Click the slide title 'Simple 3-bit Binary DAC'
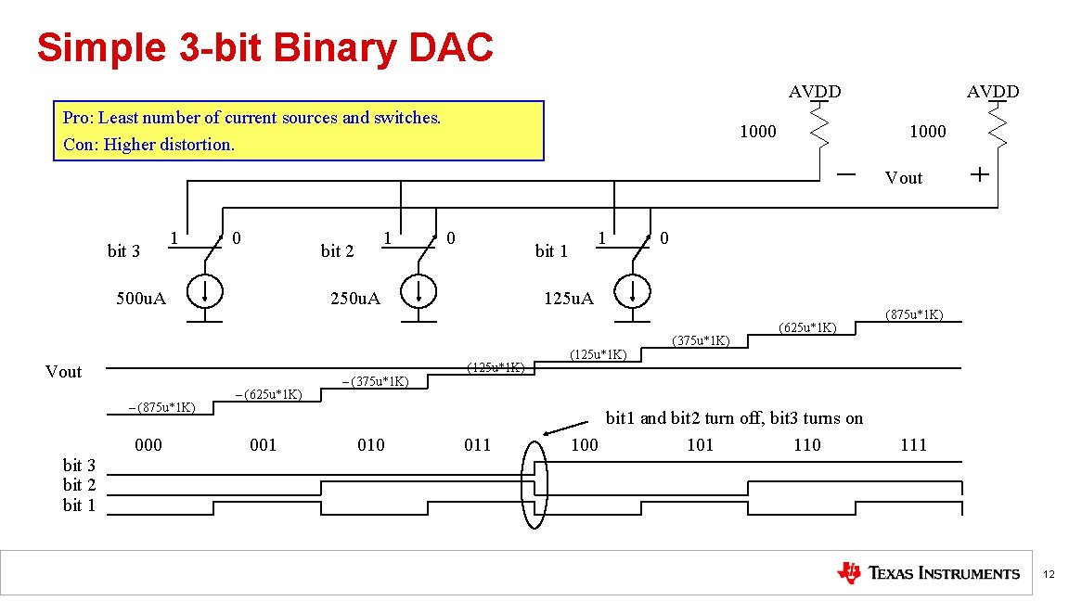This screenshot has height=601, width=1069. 264,48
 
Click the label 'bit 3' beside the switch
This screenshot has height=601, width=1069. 123,251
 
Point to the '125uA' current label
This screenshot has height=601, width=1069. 568,299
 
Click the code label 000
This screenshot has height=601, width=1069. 148,445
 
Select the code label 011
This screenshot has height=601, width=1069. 477,445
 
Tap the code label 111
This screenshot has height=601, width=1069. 914,445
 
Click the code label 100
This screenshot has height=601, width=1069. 585,445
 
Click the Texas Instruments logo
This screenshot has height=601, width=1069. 928,573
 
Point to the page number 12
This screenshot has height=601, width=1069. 1049,575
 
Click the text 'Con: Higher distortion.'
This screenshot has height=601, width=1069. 148,145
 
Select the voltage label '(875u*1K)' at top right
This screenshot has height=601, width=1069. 914,314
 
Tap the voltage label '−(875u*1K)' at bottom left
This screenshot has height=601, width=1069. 161,407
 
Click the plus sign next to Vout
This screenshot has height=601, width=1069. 979,174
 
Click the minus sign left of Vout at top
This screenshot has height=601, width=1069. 846,174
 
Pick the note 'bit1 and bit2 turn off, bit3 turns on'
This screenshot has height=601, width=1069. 734,418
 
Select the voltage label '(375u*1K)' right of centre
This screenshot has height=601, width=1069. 701,340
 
